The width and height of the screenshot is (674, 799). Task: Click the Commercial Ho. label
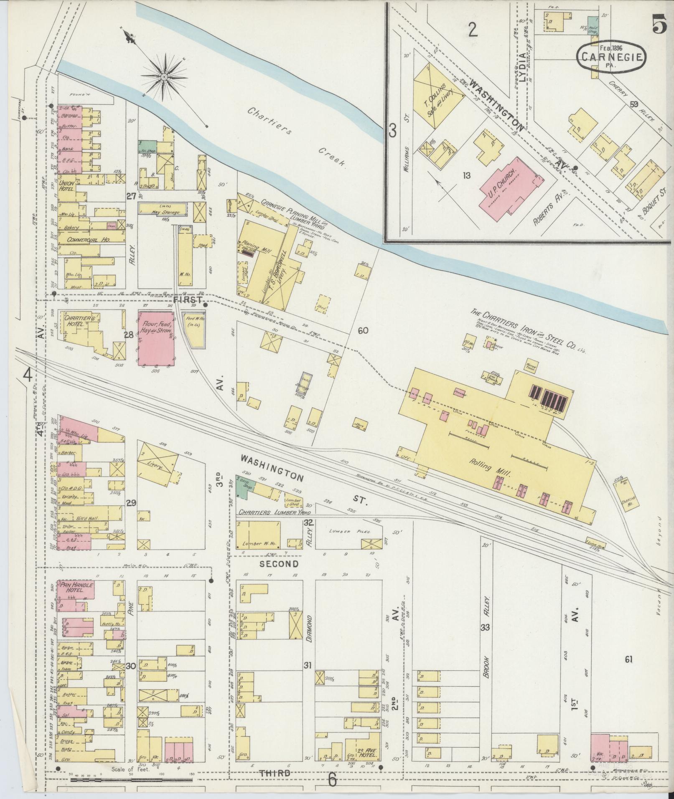85,240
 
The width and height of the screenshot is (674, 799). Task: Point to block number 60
363,331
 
